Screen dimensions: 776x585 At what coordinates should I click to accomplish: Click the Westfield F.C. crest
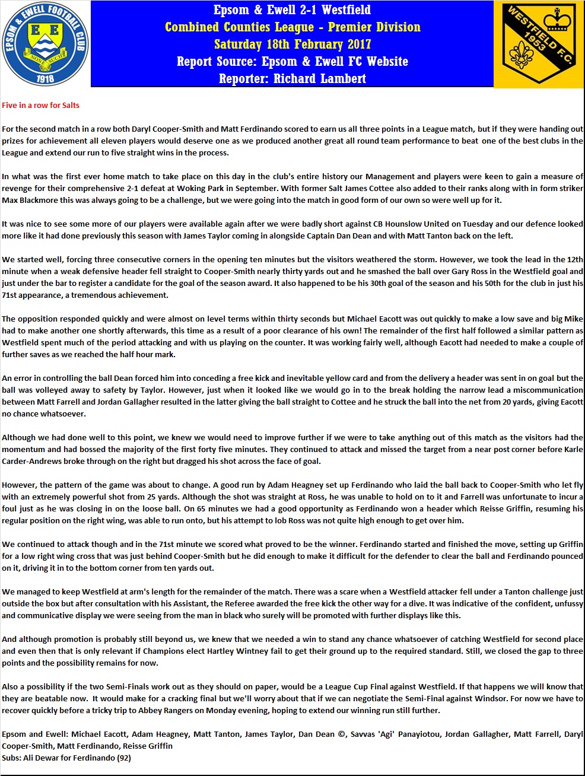(x=539, y=44)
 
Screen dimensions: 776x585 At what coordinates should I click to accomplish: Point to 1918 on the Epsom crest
(x=46, y=78)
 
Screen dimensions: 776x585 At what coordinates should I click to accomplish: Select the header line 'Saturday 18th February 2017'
(x=292, y=44)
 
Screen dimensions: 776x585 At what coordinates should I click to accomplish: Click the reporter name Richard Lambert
(x=320, y=79)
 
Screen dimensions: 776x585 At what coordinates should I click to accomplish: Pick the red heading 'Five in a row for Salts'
(x=40, y=106)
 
